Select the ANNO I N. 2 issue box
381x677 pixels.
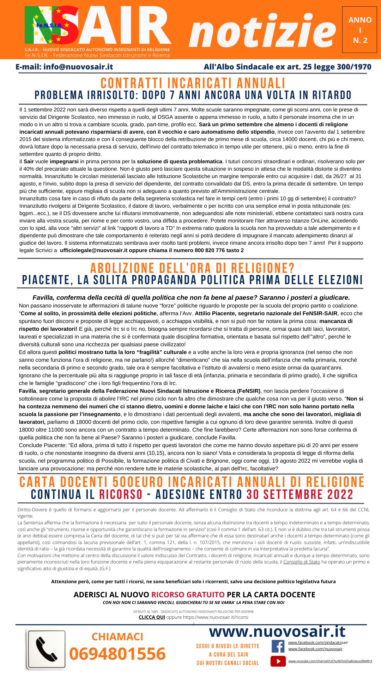tap(359, 30)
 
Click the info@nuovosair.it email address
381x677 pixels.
tap(78, 67)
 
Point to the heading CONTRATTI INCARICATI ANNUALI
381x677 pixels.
tap(193, 83)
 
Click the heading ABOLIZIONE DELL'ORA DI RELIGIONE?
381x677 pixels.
tap(192, 268)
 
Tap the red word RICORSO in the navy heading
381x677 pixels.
tap(121, 494)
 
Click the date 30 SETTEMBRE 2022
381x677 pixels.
tap(300, 494)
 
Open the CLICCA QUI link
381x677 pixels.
tap(152, 617)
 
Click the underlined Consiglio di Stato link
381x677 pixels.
tap(302, 562)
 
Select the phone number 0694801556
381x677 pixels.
tap(117, 654)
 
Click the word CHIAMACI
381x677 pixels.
tap(117, 636)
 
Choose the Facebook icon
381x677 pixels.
tap(278, 646)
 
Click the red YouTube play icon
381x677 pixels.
tap(278, 661)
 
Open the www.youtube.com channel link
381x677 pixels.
tap(330, 661)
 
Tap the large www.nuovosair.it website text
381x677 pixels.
tap(277, 632)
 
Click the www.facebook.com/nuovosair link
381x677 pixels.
tap(315, 649)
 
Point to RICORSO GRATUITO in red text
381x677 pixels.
tap(188, 594)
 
